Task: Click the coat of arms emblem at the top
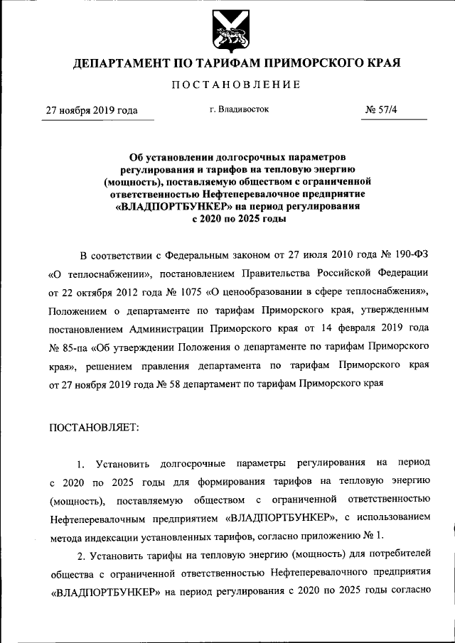pos(227,31)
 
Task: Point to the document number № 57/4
pos(382,110)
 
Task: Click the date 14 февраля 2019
pos(370,330)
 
